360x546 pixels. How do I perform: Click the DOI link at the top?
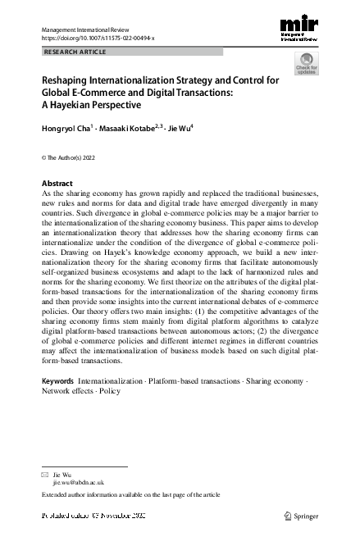tap(97, 39)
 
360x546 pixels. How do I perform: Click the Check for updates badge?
tap(306, 64)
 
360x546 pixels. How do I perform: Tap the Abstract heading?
tap(57, 183)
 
